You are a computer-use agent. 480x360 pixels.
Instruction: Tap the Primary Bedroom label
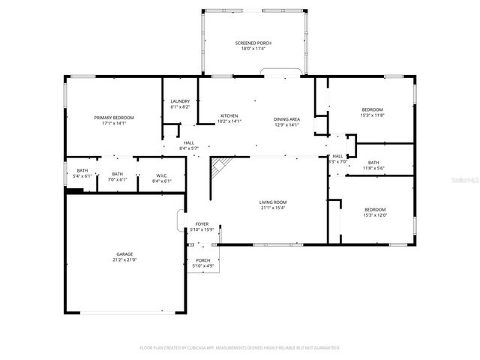[x=114, y=118]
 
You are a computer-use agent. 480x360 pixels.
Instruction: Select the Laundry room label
[x=180, y=101]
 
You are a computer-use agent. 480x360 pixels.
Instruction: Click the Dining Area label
[x=287, y=119]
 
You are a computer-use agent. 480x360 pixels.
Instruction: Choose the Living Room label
[x=272, y=202]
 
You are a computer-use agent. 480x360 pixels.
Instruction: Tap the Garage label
[x=124, y=254]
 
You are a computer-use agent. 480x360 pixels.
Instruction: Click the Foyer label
[x=202, y=224]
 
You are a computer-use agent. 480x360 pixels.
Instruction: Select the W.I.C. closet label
[x=162, y=175]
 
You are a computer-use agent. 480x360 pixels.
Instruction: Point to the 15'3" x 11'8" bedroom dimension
[x=372, y=115]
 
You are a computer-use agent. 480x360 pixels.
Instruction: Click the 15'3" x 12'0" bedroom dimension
[x=375, y=215]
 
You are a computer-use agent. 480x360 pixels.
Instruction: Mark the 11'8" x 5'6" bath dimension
[x=373, y=168]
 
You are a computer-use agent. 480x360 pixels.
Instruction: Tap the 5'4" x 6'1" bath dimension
[x=82, y=175]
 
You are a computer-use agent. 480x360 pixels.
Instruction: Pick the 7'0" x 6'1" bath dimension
[x=118, y=180]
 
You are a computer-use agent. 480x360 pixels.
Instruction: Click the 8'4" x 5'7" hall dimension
[x=188, y=148]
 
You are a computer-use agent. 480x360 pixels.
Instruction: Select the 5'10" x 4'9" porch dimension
[x=203, y=266]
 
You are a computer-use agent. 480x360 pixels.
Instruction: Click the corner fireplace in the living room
[x=220, y=169]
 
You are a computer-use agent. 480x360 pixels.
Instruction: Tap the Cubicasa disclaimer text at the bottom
[x=240, y=347]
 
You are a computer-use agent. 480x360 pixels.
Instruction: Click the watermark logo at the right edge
[x=472, y=180]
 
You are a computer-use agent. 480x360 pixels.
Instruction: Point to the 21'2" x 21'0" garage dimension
[x=124, y=259]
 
